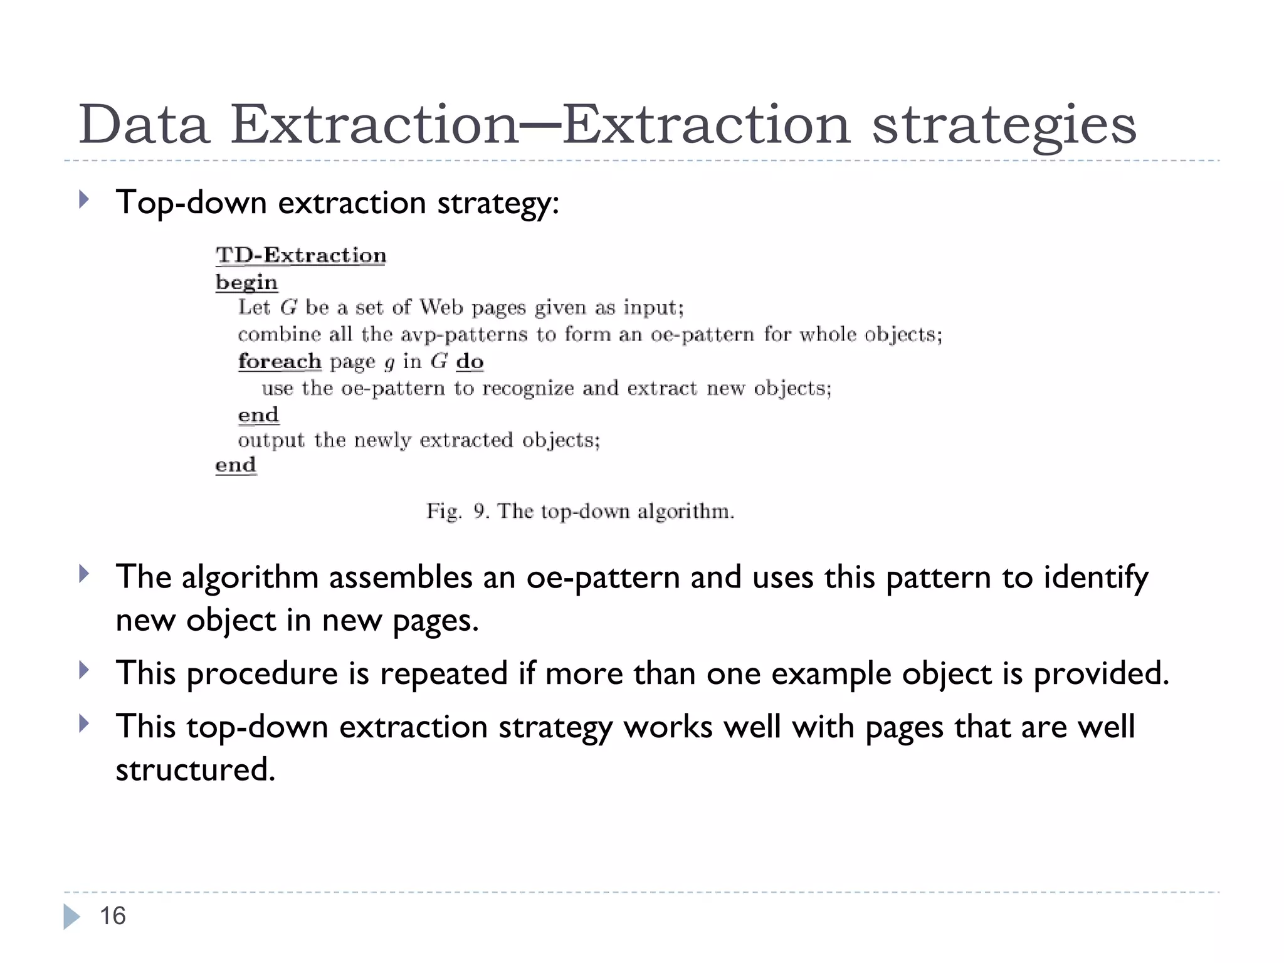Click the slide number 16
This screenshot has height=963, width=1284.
tap(113, 916)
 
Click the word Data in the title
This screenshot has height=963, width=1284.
tap(144, 124)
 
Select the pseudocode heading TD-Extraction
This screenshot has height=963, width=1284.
tap(301, 256)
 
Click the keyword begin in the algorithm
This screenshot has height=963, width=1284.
tap(246, 283)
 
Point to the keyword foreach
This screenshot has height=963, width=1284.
tap(280, 362)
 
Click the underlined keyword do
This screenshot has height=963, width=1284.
tap(470, 362)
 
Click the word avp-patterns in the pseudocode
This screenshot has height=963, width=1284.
tap(464, 335)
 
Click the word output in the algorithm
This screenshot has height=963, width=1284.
tap(271, 440)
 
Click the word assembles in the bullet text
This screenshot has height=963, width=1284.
tap(401, 577)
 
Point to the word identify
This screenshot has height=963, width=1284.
tap(1095, 578)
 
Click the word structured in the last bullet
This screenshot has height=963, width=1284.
tap(195, 769)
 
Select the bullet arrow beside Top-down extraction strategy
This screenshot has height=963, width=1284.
tap(84, 200)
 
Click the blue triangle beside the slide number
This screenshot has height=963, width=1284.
tap(71, 917)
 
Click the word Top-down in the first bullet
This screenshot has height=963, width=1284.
tap(191, 203)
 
